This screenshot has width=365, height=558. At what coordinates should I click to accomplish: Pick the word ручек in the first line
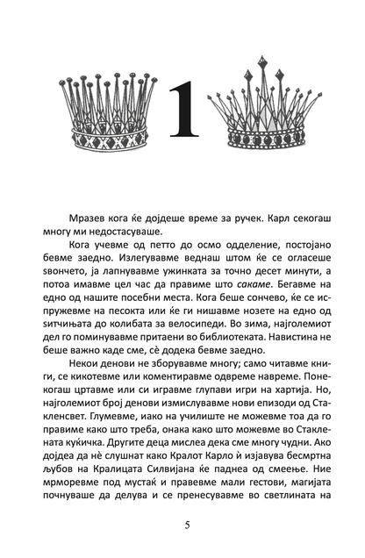coord(256,217)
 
